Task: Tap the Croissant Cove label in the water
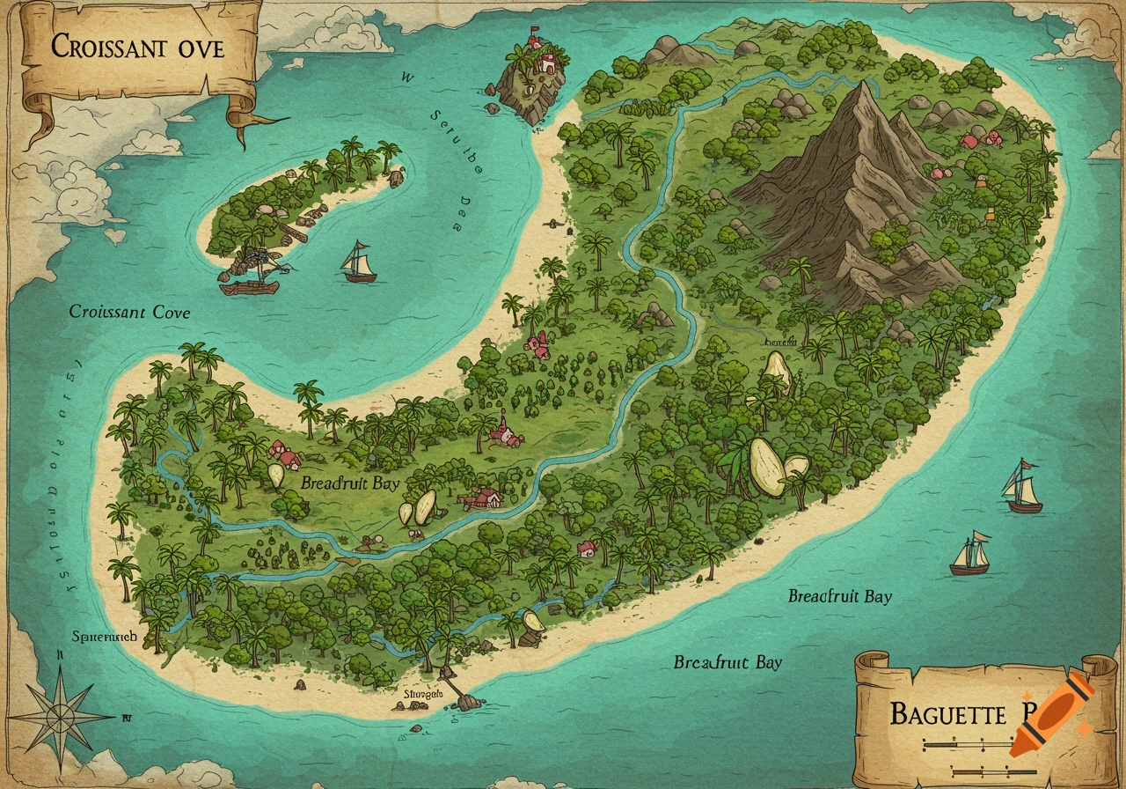click(129, 312)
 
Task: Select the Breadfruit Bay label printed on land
click(349, 483)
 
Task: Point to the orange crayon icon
click(1051, 715)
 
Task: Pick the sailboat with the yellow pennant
click(970, 555)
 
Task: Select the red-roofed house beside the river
click(483, 499)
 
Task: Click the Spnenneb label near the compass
click(104, 636)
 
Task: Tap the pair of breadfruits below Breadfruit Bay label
click(417, 509)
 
